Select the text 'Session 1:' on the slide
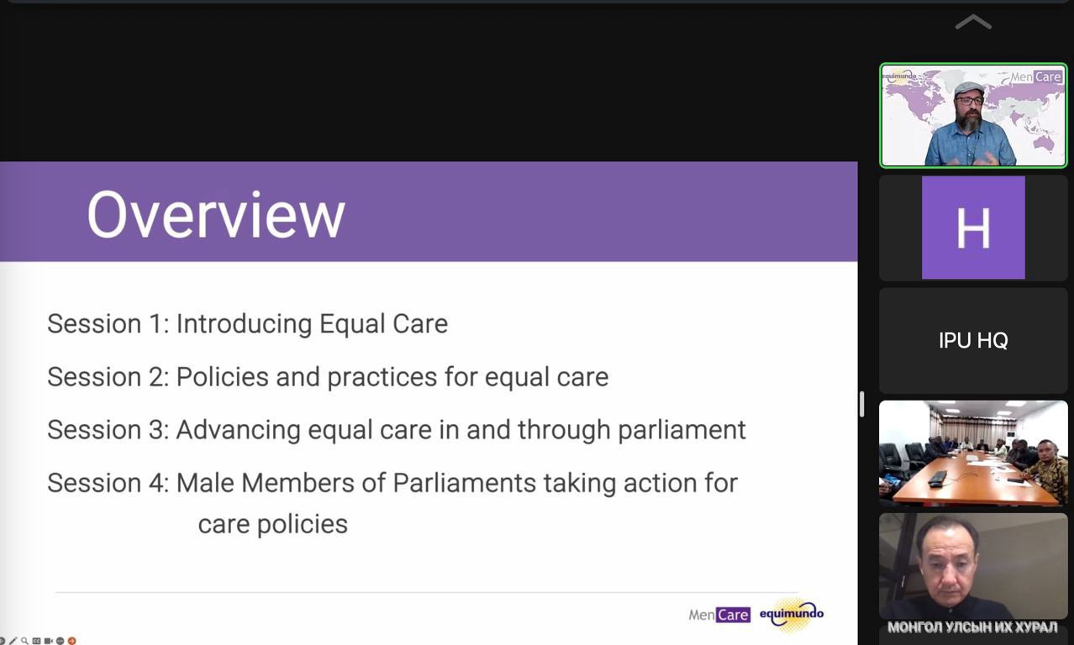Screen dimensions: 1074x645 [108, 323]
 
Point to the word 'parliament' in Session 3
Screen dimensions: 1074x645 [682, 430]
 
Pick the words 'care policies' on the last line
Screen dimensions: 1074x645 [273, 524]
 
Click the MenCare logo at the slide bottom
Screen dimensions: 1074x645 [719, 615]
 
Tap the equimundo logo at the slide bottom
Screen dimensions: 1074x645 [792, 614]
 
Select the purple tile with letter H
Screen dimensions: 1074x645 [973, 228]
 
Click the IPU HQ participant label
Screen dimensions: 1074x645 [973, 340]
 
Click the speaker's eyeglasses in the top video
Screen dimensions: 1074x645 [969, 100]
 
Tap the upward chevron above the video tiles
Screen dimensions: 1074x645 [973, 22]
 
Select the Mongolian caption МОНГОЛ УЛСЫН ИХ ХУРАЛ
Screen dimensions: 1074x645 [972, 627]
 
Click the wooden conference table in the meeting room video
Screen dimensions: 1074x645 [973, 477]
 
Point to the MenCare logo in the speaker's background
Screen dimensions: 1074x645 [1036, 76]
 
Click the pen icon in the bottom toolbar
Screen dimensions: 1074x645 [13, 641]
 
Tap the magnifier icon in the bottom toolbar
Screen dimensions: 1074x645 [24, 641]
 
